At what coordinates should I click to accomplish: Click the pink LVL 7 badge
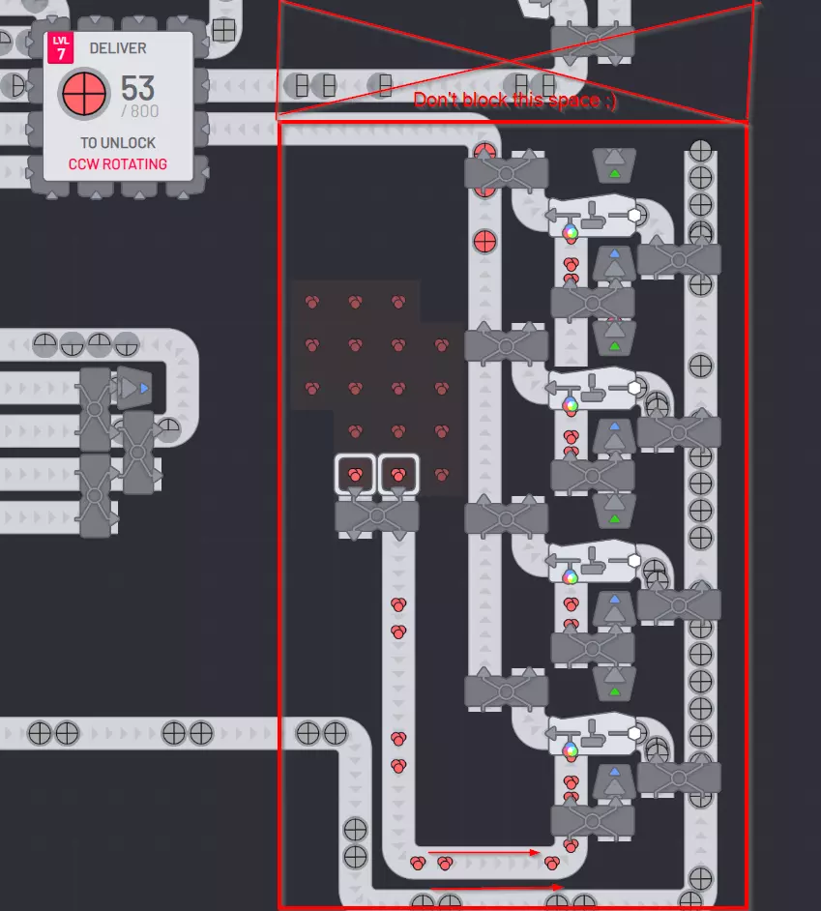point(60,47)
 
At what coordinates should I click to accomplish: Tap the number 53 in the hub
point(137,88)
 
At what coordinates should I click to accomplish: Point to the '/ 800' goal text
point(139,111)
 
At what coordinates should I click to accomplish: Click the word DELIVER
point(118,48)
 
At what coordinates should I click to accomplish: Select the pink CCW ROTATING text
point(118,164)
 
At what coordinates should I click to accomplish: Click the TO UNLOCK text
point(118,143)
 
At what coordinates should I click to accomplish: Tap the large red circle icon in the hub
point(84,93)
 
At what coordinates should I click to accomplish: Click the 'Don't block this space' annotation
point(514,100)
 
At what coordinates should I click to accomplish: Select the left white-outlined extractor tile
point(355,475)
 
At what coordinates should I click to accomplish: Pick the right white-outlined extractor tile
point(398,475)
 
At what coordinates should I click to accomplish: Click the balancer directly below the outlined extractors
point(377,516)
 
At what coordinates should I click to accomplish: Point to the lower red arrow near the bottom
point(497,887)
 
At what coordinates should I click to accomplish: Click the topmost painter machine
point(593,216)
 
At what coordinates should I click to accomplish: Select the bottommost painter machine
point(593,734)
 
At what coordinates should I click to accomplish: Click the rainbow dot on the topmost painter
point(571,233)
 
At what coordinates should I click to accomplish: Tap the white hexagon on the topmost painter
point(634,215)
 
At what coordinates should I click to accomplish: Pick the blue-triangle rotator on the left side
point(134,388)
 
